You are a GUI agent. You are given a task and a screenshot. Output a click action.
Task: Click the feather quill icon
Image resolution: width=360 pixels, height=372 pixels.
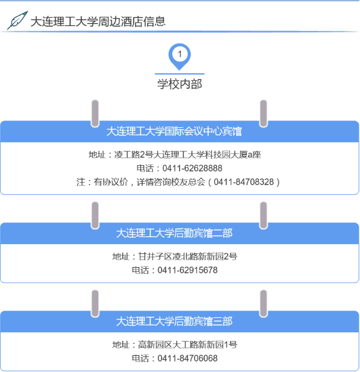click(x=17, y=20)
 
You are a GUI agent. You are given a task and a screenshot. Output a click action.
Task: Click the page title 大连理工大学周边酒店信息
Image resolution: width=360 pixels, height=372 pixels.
click(x=98, y=21)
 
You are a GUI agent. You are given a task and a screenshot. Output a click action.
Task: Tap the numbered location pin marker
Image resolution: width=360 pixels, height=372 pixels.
click(x=180, y=57)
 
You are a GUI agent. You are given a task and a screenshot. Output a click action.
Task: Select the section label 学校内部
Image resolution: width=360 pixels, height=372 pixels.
click(x=180, y=84)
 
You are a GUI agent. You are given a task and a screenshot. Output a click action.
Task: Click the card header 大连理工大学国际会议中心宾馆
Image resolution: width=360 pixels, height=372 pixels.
click(x=174, y=131)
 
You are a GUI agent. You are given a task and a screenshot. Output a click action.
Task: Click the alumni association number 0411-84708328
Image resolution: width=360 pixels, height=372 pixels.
click(x=244, y=182)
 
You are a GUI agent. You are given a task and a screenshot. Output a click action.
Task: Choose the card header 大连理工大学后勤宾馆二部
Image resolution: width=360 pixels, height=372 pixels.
click(x=174, y=234)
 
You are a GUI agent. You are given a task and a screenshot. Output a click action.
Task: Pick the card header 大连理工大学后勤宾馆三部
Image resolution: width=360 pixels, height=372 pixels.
click(x=174, y=322)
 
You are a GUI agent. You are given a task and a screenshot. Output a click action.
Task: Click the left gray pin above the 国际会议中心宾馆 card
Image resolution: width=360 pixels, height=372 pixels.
click(x=95, y=114)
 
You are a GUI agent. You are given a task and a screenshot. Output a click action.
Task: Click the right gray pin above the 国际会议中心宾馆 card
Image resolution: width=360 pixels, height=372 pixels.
click(x=264, y=114)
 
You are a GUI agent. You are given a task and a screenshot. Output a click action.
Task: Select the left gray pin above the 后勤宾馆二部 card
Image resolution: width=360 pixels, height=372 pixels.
click(x=95, y=215)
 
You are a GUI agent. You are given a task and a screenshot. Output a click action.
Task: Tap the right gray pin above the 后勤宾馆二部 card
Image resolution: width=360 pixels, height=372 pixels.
click(x=264, y=215)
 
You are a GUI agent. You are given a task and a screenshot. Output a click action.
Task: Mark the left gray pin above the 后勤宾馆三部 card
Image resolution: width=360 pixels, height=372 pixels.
click(x=95, y=304)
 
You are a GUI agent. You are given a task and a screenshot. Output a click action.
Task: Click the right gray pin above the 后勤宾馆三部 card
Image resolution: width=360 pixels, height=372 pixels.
click(x=264, y=304)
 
